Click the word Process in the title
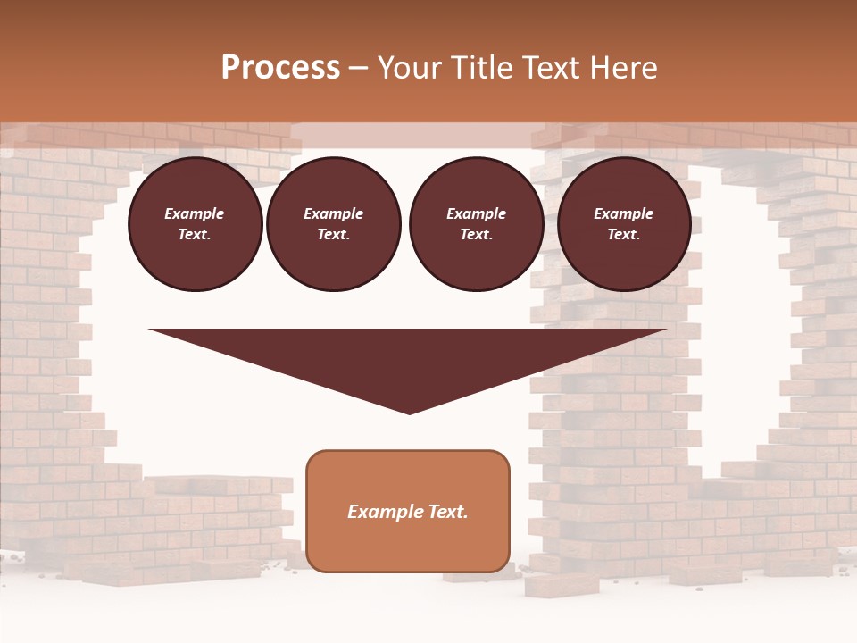click(x=280, y=68)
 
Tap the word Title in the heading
click(x=480, y=68)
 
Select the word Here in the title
click(x=624, y=68)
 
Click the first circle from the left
click(x=195, y=224)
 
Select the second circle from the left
click(x=334, y=224)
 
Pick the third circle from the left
click(x=476, y=224)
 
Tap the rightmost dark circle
click(x=624, y=224)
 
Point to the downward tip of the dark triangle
click(x=409, y=413)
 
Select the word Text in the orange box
click(x=448, y=512)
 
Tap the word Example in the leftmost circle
click(x=195, y=213)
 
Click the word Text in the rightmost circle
click(x=623, y=234)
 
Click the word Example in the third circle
click(x=476, y=213)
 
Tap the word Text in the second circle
click(x=333, y=234)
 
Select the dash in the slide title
click(x=359, y=69)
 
